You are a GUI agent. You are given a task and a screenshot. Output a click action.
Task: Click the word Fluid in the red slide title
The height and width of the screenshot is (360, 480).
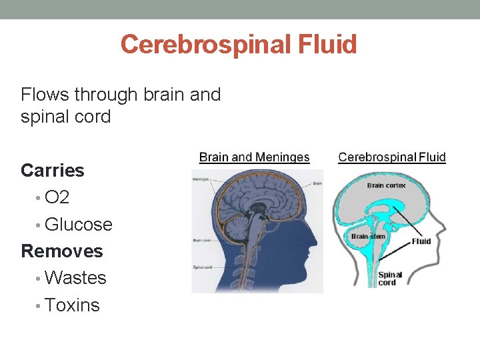[x=329, y=45]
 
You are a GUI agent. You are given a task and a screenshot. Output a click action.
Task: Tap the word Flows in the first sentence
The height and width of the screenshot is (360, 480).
[x=46, y=95]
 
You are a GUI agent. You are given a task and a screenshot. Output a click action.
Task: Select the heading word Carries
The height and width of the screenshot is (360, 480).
[x=53, y=171]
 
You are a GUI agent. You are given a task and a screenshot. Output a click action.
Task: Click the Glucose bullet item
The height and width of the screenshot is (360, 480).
[x=78, y=225]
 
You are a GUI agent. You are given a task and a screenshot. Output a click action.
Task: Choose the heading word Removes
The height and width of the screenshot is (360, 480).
[x=62, y=251]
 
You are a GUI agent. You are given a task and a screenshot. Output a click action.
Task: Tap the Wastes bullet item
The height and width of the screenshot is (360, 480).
[x=75, y=278]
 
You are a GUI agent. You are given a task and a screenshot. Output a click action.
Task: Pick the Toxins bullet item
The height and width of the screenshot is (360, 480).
[x=72, y=305]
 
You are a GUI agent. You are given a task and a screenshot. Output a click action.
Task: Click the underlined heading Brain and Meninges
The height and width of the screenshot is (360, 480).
[x=254, y=157]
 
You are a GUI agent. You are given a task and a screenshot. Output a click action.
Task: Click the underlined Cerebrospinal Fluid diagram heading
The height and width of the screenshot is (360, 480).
[x=392, y=157]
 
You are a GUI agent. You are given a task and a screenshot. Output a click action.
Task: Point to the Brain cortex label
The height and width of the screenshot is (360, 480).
[x=386, y=185]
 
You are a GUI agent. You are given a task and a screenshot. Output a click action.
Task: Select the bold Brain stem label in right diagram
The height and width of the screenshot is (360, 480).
[x=368, y=236]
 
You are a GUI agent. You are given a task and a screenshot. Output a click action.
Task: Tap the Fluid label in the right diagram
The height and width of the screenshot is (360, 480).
[x=421, y=241]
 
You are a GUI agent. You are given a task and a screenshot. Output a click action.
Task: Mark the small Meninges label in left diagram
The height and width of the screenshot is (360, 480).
[x=201, y=179]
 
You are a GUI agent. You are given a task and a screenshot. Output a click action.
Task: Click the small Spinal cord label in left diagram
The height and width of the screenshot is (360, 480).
[x=203, y=267]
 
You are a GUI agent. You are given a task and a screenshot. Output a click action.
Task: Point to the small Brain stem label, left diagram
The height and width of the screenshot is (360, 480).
[x=202, y=240]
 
